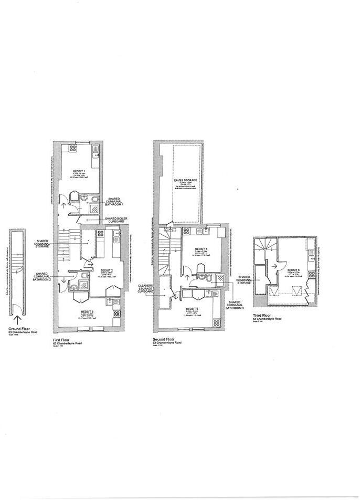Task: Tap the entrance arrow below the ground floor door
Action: pyautogui.click(x=18, y=319)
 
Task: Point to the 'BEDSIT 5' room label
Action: pyautogui.click(x=192, y=309)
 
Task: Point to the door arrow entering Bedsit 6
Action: pyautogui.click(x=274, y=266)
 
